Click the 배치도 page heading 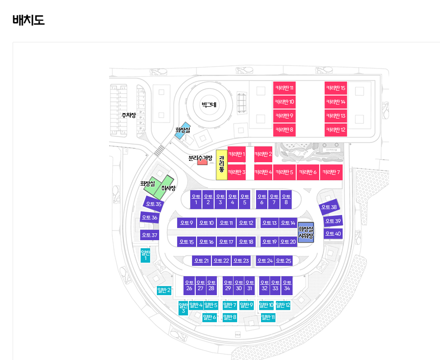coord(28,20)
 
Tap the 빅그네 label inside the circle coord(209,105)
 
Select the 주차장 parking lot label coord(128,115)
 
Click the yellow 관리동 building coord(221,164)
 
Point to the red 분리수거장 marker coord(202,162)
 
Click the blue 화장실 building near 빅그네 coord(183,131)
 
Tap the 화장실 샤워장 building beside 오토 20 coord(306,232)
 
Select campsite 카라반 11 coord(284,87)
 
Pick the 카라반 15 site coord(335,87)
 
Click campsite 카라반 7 coord(331,172)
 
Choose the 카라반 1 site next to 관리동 coord(237,154)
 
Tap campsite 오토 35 coord(153,204)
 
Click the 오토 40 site coord(333,233)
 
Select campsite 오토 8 coord(286,199)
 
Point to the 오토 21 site coord(201,261)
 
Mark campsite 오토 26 coord(189,285)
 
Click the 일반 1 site coord(145,255)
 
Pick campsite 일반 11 coord(268,317)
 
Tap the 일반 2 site coord(164,290)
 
